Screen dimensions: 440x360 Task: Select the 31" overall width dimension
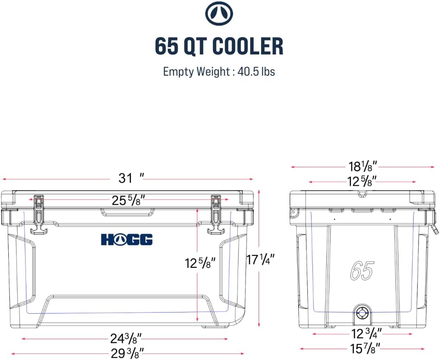(131, 178)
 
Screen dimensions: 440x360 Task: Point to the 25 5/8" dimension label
(128, 201)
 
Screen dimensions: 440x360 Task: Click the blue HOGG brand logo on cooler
(127, 239)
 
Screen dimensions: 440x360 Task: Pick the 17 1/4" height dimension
(260, 260)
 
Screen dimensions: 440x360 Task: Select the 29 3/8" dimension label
(128, 353)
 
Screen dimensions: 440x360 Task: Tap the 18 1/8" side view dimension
(363, 166)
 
